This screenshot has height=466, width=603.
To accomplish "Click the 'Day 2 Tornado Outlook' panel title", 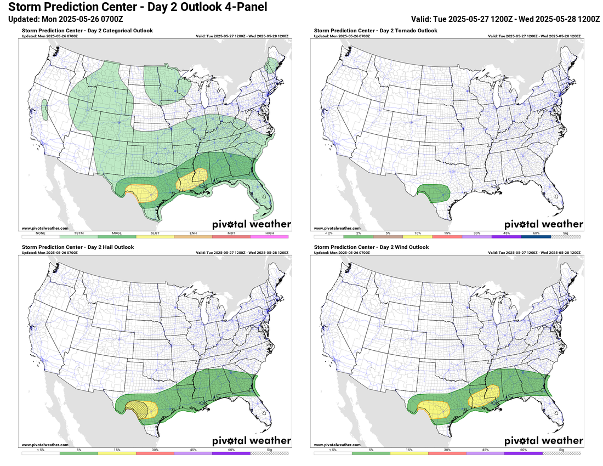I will point(376,31).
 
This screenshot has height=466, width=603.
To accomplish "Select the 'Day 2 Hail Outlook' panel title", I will point(78,247).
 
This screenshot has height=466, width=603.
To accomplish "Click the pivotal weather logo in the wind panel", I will point(543,441).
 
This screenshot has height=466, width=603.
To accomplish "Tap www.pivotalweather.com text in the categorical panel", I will point(45,228).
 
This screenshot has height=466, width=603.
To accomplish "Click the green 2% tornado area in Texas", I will point(433,193).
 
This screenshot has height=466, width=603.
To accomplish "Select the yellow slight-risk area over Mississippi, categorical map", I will point(191,179).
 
